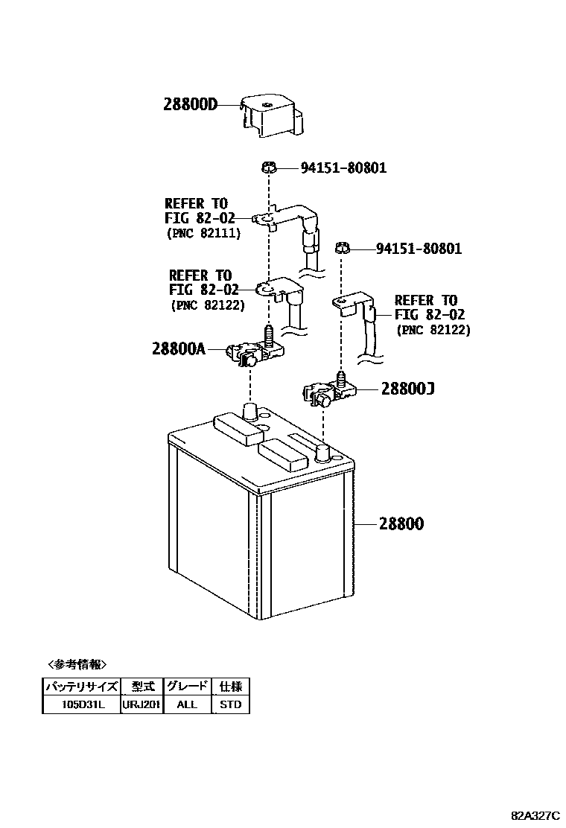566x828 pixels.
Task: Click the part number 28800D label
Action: [x=190, y=105]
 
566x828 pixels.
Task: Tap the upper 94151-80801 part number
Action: [x=343, y=168]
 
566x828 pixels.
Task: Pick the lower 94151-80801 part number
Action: [x=419, y=248]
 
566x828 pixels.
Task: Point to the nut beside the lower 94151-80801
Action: [x=343, y=247]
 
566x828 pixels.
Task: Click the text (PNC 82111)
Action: [x=203, y=232]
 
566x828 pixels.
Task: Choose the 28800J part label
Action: [x=407, y=389]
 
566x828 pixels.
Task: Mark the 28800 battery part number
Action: [x=400, y=524]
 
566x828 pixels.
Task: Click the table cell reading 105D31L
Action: [x=81, y=704]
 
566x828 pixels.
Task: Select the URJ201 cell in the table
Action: [x=141, y=704]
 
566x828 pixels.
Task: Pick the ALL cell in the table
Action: [x=188, y=704]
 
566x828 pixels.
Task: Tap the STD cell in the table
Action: [x=231, y=704]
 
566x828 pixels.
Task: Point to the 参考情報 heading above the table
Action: [x=77, y=664]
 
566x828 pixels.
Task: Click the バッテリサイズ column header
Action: [x=81, y=687]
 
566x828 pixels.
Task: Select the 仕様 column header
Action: [x=231, y=687]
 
